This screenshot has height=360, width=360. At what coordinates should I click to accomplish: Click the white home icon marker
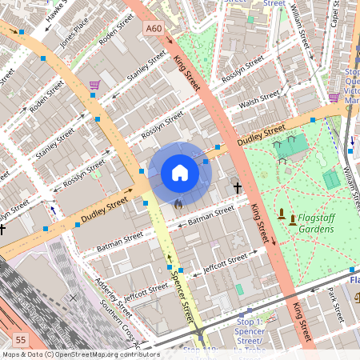click(x=180, y=173)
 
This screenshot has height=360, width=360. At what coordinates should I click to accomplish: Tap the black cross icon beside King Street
click(x=237, y=188)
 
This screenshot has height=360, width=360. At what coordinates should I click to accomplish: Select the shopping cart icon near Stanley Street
click(x=95, y=85)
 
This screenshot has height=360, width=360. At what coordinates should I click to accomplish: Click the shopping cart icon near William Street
click(x=334, y=98)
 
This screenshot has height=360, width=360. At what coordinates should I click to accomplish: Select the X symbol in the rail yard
click(x=73, y=298)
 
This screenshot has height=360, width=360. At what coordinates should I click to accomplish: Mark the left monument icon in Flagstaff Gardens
click(x=281, y=214)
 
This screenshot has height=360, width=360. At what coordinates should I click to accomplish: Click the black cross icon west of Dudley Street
click(x=2, y=230)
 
